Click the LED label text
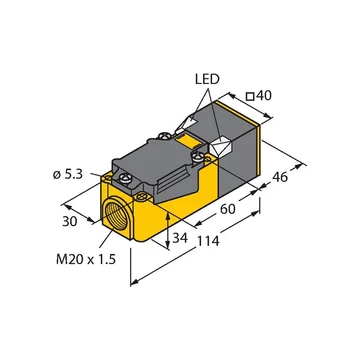coord(207,79)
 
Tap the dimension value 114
coord(207,241)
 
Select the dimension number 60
coord(227,209)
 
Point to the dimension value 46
coord(280,177)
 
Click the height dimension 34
coord(180,238)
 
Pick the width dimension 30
coord(70,221)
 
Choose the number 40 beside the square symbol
coord(265,96)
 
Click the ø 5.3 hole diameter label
coord(67,175)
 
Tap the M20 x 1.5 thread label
coord(86,259)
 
